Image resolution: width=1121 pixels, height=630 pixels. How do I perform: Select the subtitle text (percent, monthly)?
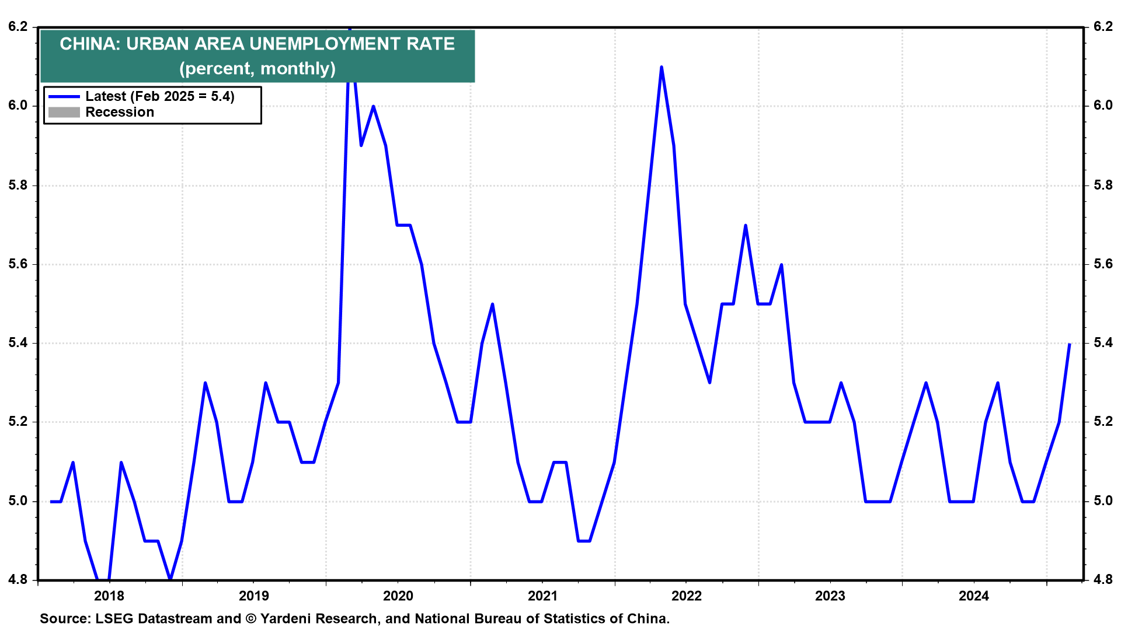tap(257, 69)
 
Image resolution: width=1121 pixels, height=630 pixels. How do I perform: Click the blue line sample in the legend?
tap(64, 96)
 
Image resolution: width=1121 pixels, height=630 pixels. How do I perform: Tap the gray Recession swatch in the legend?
tap(64, 113)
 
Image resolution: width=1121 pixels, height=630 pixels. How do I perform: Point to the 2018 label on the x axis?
tap(109, 596)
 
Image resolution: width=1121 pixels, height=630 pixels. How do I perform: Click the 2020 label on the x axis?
tap(398, 596)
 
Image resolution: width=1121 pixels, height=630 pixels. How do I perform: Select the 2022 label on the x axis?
tap(686, 596)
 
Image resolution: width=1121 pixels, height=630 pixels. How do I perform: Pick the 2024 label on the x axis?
tap(974, 596)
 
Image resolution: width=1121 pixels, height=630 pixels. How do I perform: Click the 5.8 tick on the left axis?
tap(18, 185)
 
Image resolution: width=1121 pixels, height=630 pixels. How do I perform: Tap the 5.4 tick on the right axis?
tap(1103, 343)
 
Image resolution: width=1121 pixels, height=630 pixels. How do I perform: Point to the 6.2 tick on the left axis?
tap(18, 27)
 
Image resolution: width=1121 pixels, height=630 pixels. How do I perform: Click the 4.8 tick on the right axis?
tap(1103, 580)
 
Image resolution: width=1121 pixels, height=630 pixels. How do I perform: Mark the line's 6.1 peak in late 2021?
tap(662, 67)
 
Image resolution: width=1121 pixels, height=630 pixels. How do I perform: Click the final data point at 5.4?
tap(1070, 344)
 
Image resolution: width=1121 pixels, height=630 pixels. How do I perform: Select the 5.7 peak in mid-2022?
tap(746, 225)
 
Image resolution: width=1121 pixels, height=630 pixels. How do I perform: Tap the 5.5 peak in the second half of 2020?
tap(493, 304)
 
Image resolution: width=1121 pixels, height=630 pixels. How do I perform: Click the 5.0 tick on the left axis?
tap(18, 501)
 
